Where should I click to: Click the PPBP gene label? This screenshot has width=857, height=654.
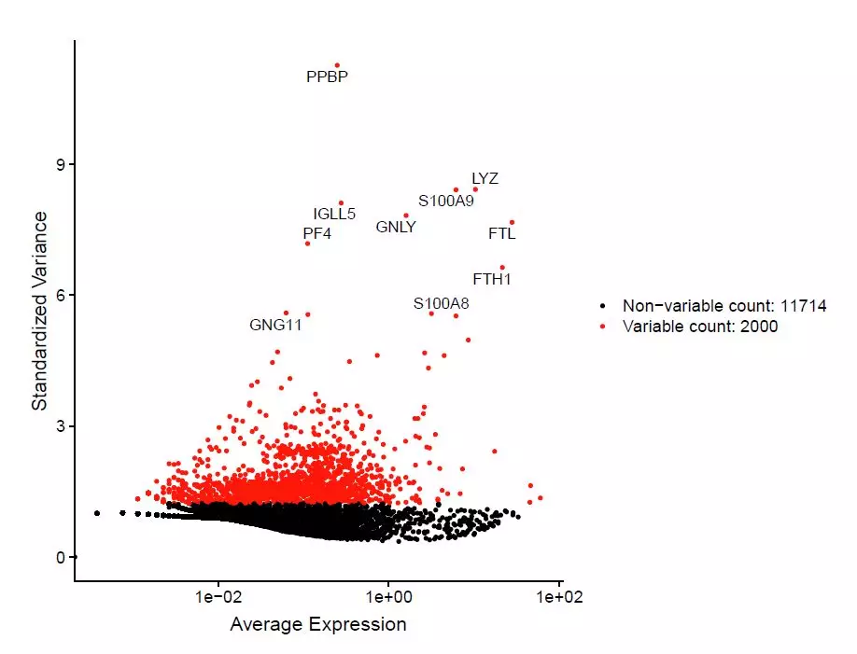tap(327, 77)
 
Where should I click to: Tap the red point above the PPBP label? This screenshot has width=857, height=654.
tap(337, 65)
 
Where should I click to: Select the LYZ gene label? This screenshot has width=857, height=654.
tap(485, 178)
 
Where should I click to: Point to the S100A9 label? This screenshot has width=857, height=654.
tap(445, 201)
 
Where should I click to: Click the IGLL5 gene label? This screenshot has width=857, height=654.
tap(334, 215)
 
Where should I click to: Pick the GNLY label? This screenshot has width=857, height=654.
tap(396, 227)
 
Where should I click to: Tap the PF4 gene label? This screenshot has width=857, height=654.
tap(317, 234)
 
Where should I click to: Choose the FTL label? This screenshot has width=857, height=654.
tap(502, 234)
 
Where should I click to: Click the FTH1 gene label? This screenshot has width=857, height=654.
tap(492, 279)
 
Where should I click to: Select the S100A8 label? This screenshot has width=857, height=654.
tap(441, 303)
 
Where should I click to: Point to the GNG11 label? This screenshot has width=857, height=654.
tap(275, 326)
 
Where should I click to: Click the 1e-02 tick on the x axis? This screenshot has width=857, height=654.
tap(218, 597)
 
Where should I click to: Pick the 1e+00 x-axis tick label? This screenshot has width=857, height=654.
tap(389, 597)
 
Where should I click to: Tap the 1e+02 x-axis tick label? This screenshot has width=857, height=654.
tap(559, 597)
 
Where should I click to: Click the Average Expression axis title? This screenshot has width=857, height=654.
tap(318, 624)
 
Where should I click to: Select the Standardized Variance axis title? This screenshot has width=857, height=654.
tap(40, 311)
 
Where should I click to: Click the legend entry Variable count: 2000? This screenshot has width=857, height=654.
tap(700, 327)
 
